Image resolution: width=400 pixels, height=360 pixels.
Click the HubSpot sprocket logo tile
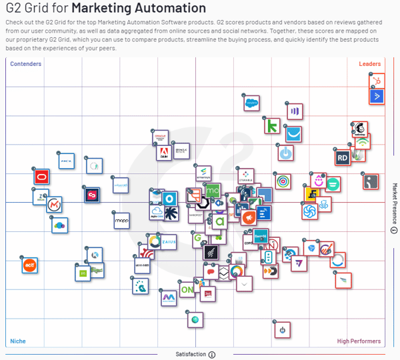coord(377,81)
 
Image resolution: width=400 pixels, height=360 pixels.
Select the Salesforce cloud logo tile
coord(251,103)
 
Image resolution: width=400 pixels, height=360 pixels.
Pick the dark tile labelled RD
coord(343,158)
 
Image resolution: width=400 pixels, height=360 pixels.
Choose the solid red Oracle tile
coord(43,177)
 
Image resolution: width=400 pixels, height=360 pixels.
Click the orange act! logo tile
coord(29,265)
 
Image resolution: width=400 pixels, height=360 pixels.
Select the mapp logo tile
coord(121,221)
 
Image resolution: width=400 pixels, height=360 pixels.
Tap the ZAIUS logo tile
coord(169,241)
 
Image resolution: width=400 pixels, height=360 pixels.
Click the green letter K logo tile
coord(272,125)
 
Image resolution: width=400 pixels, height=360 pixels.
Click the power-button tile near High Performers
coord(282,329)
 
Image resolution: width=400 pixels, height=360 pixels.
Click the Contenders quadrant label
coord(26,64)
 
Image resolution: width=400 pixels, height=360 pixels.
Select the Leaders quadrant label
coord(370,64)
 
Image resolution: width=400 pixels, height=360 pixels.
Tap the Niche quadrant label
coord(18,341)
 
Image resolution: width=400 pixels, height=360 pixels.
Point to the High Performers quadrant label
coord(359,341)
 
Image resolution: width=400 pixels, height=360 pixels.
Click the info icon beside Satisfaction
coord(212,355)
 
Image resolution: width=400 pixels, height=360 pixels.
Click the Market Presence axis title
coord(394,204)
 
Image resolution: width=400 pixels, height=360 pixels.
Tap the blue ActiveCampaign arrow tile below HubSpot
coord(377,96)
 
